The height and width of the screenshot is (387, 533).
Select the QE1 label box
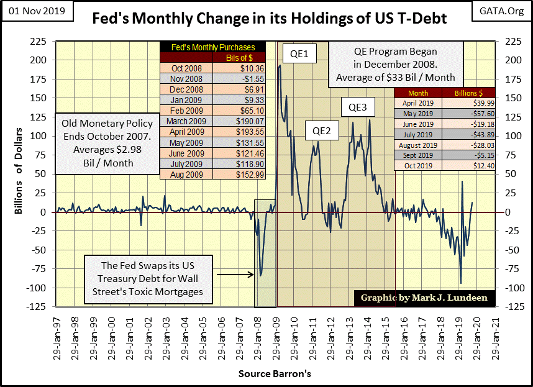pos(299,55)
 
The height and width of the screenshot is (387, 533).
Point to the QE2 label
pos(321,130)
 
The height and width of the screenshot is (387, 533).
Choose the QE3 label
pos(357,107)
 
